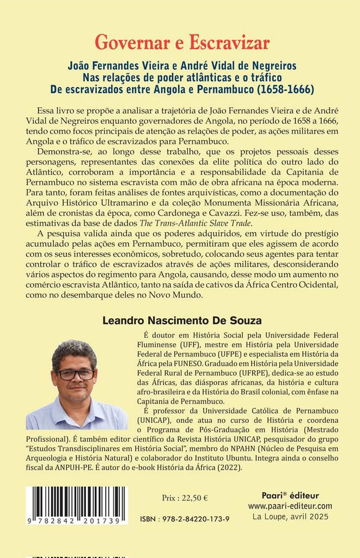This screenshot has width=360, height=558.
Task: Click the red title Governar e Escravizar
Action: point(182,42)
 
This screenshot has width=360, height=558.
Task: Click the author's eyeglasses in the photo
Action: point(76,374)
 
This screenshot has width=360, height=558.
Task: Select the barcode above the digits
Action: point(77,498)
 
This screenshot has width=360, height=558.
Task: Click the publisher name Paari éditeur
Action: point(289,495)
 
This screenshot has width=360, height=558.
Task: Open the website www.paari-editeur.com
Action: point(289,506)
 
